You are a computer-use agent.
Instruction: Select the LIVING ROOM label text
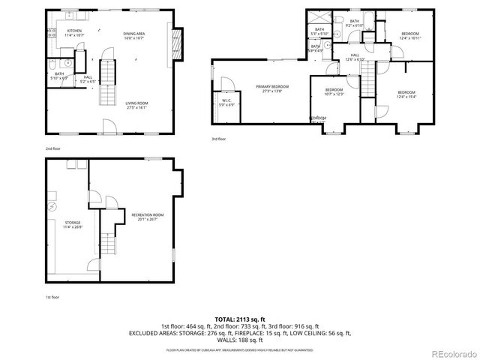pyautogui.click(x=136, y=105)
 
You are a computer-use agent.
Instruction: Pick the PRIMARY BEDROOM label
pyautogui.click(x=272, y=88)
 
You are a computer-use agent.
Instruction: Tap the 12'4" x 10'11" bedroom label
pyautogui.click(x=409, y=35)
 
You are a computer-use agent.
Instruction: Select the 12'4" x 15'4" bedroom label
pyautogui.click(x=406, y=93)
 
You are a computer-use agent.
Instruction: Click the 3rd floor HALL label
pyautogui.click(x=355, y=57)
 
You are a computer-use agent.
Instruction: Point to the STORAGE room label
pyautogui.click(x=73, y=224)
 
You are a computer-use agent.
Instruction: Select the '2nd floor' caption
pyautogui.click(x=53, y=149)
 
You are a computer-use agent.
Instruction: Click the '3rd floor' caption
pyautogui.click(x=218, y=139)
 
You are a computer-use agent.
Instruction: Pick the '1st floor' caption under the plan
pyautogui.click(x=52, y=297)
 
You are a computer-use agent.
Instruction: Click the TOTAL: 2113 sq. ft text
pyautogui.click(x=240, y=319)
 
